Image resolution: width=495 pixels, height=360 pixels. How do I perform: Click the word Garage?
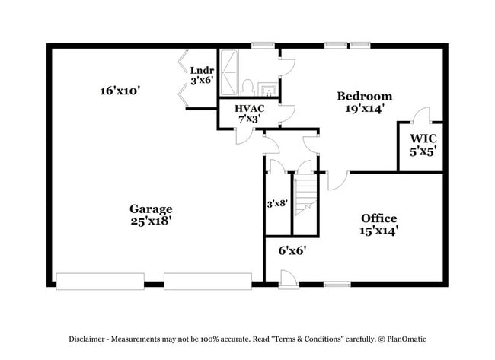point(150,209)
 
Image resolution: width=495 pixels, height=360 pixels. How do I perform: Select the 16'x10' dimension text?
point(120,91)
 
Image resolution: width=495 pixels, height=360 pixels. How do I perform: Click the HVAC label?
point(250,109)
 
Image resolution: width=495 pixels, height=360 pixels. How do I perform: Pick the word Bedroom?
point(364,96)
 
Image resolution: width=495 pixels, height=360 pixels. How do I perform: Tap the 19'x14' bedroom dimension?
point(364,108)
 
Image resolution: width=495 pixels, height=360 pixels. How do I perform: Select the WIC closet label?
point(423,139)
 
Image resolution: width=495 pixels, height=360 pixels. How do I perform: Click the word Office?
point(378,218)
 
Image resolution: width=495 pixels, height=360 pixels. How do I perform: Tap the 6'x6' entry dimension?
point(292,249)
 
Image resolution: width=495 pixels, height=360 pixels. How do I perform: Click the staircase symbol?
point(305,194)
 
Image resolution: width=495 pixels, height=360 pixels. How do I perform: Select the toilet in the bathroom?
point(247,86)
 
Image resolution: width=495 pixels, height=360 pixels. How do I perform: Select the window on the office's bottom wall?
point(336,285)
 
